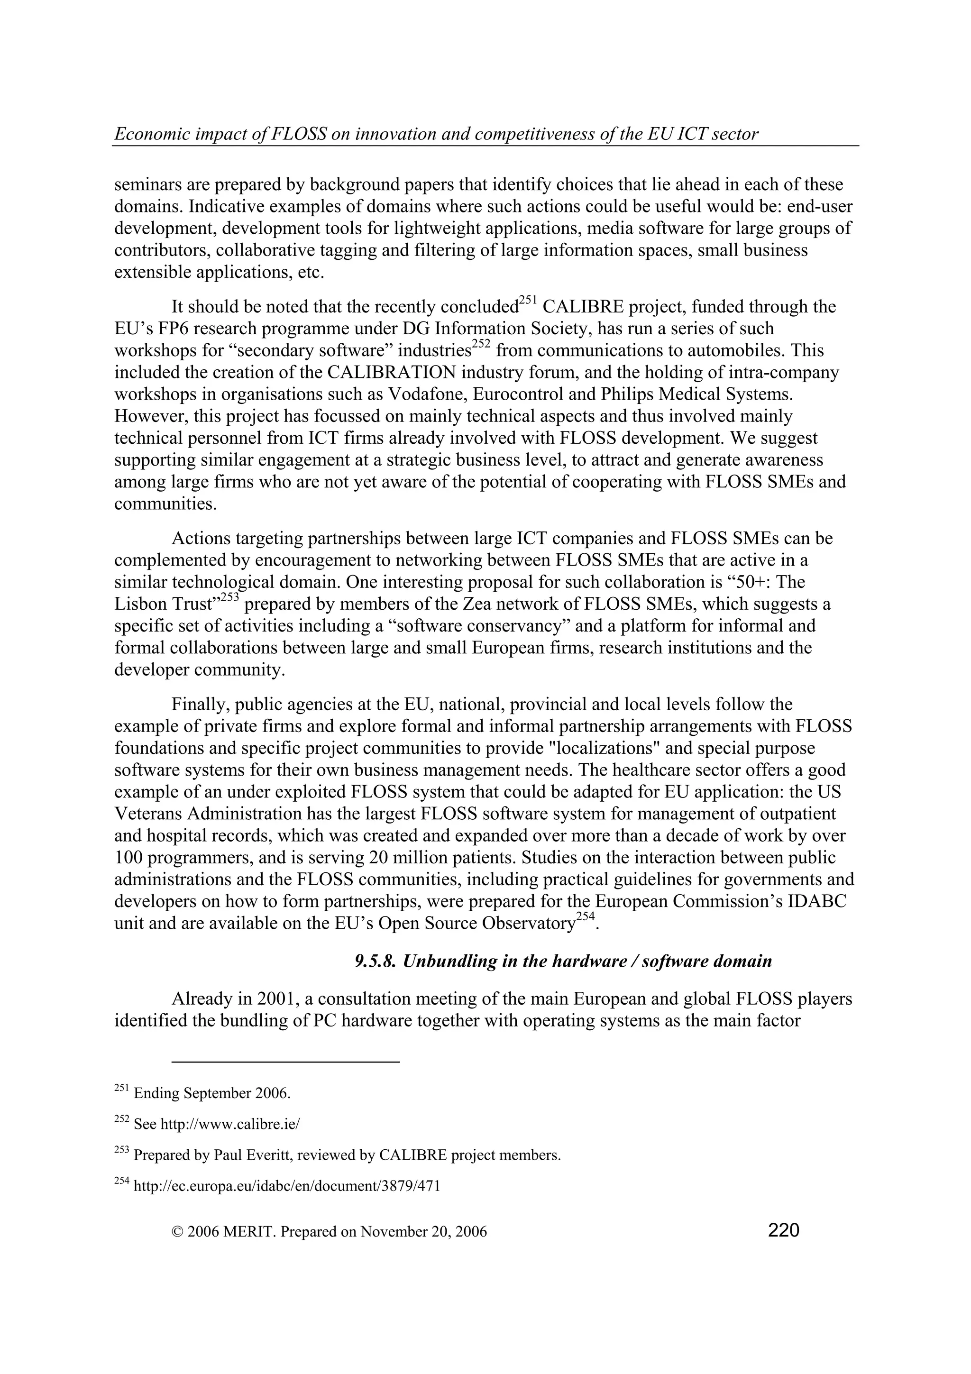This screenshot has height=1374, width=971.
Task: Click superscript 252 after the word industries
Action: click(x=482, y=344)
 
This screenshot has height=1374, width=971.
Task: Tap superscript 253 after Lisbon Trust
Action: click(x=230, y=598)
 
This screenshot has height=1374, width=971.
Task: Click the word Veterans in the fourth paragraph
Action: click(x=147, y=814)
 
